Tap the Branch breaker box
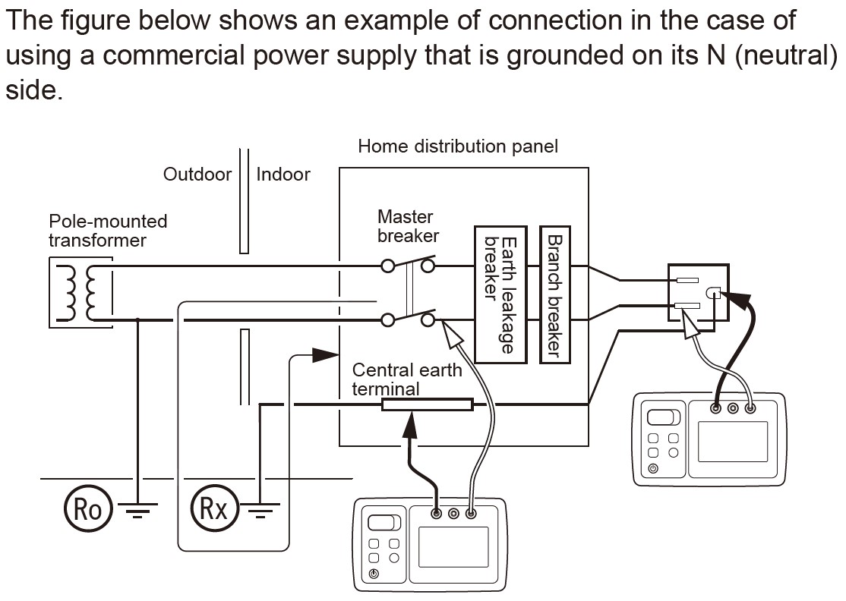[x=554, y=293]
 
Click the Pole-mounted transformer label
[x=107, y=231]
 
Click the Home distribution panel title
[x=457, y=146]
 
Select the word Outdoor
[x=197, y=175]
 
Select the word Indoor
[x=283, y=175]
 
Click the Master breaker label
[x=408, y=226]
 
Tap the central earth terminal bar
[x=427, y=404]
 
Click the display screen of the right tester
[x=732, y=441]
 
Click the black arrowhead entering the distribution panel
[x=325, y=354]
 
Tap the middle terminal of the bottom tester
[x=453, y=514]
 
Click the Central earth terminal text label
[x=407, y=379]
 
